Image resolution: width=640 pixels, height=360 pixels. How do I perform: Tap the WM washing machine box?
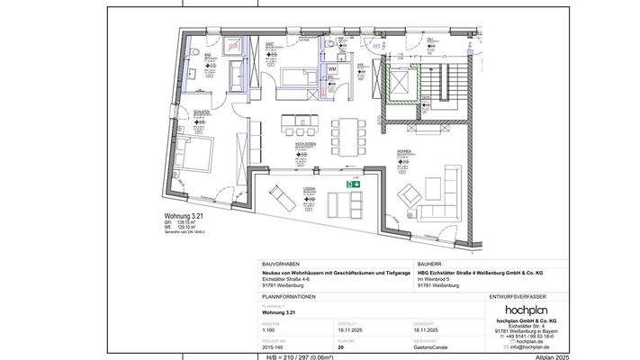[331, 69]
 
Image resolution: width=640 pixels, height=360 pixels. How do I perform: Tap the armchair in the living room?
[410, 193]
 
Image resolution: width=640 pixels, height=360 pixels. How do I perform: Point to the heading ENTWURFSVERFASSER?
[519, 294]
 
